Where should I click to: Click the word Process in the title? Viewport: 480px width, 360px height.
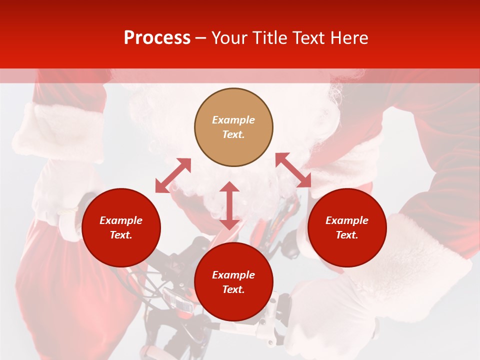click(157, 38)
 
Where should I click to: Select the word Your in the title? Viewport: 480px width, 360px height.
click(230, 38)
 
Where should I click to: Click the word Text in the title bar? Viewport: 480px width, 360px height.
click(309, 38)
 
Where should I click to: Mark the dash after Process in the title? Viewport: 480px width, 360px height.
click(201, 38)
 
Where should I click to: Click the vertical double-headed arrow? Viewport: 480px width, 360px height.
click(229, 205)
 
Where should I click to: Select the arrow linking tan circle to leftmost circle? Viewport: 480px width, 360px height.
click(173, 175)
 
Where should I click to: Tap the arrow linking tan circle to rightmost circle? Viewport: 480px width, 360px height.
click(293, 170)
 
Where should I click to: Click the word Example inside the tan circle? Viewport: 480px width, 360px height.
click(233, 120)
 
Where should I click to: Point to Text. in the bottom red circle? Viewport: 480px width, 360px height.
click(233, 289)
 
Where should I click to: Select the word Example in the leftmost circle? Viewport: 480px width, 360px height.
click(121, 220)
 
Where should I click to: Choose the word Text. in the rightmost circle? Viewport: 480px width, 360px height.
click(347, 235)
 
